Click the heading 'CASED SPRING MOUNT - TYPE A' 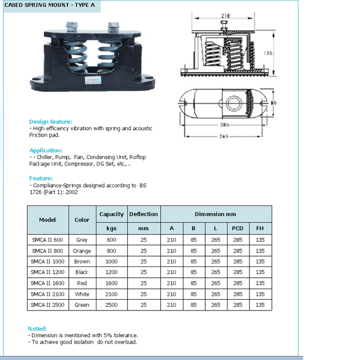(x=50, y=6)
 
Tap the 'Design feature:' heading (x=50, y=121)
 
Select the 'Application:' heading (x=46, y=150)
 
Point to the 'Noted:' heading (x=38, y=328)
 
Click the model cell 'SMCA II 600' (x=47, y=240)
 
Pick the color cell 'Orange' (x=82, y=251)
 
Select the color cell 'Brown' (x=82, y=261)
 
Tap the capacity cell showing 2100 (x=111, y=294)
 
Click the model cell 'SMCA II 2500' (x=47, y=305)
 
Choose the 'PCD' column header (x=238, y=229)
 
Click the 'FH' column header (x=260, y=229)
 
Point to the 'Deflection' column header (x=143, y=214)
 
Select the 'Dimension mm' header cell (x=216, y=214)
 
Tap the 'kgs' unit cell (x=111, y=229)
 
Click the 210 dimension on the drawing (x=226, y=16)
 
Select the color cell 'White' (x=82, y=294)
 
